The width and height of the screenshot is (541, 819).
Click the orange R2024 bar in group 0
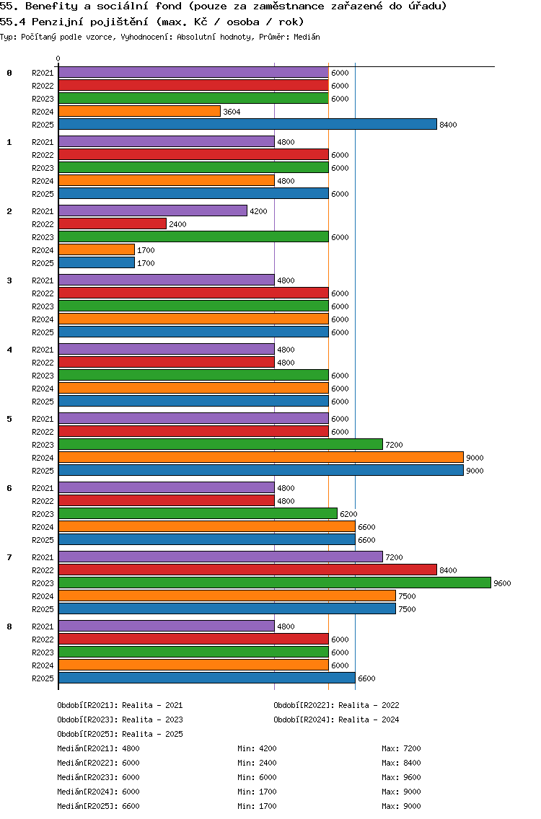(x=139, y=112)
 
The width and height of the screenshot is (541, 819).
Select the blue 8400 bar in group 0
(x=247, y=125)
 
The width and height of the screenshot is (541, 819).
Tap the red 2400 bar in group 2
(x=112, y=224)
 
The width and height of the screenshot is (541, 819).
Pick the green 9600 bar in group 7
(x=274, y=583)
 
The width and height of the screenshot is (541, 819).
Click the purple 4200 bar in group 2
(x=152, y=211)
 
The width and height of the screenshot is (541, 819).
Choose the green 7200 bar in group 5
(x=220, y=445)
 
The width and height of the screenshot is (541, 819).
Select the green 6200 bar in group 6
(x=198, y=514)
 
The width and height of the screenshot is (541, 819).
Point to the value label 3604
(x=232, y=112)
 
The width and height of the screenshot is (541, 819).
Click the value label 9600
(x=502, y=583)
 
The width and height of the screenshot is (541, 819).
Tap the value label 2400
(x=177, y=224)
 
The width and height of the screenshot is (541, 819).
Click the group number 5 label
(x=9, y=419)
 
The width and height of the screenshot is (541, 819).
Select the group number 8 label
(x=9, y=627)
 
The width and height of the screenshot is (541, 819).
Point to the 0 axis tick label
(x=58, y=59)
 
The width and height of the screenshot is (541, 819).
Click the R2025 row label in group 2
(x=43, y=263)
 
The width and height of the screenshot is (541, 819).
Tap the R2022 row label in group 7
(x=43, y=570)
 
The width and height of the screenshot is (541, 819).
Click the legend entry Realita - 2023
(x=120, y=720)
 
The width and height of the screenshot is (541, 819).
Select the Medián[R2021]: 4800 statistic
(x=98, y=748)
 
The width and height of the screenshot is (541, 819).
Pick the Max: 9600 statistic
(x=401, y=777)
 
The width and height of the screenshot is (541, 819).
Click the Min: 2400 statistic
(x=257, y=763)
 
